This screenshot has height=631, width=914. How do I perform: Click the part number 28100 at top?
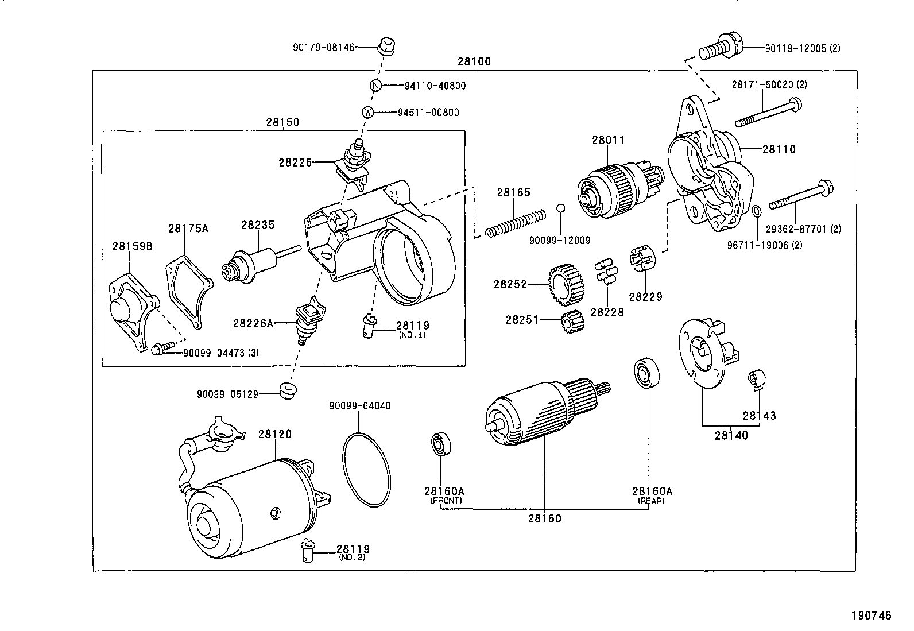(474, 61)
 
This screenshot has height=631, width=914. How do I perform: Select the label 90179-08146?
(323, 47)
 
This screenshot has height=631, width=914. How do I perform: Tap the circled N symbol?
(375, 86)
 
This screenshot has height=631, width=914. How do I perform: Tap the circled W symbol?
(368, 113)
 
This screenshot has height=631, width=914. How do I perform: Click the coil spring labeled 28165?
(515, 223)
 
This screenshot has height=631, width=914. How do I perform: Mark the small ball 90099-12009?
(561, 207)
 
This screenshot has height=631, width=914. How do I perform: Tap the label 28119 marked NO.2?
(353, 549)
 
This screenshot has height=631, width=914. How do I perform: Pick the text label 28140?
(731, 435)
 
